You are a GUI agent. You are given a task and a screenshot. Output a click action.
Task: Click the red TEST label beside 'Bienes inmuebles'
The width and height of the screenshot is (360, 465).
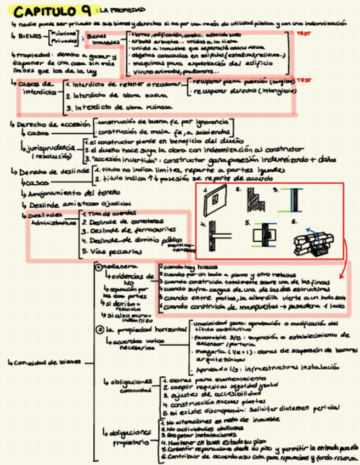(302, 33)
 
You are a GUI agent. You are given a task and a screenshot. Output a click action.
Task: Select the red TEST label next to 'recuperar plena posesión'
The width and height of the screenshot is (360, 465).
(302, 80)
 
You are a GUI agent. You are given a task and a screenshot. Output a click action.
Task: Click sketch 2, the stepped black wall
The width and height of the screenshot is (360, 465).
(255, 201)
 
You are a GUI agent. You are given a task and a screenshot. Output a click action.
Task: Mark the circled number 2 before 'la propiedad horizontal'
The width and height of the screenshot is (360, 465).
(99, 330)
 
